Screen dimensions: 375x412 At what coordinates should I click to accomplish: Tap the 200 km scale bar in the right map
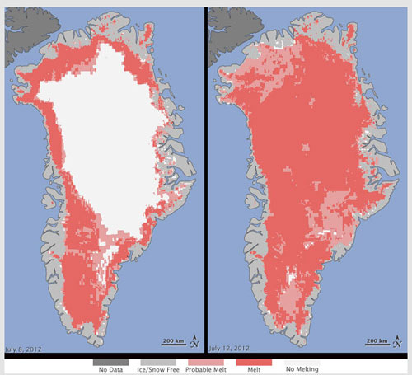pyautogui.click(x=377, y=340)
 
